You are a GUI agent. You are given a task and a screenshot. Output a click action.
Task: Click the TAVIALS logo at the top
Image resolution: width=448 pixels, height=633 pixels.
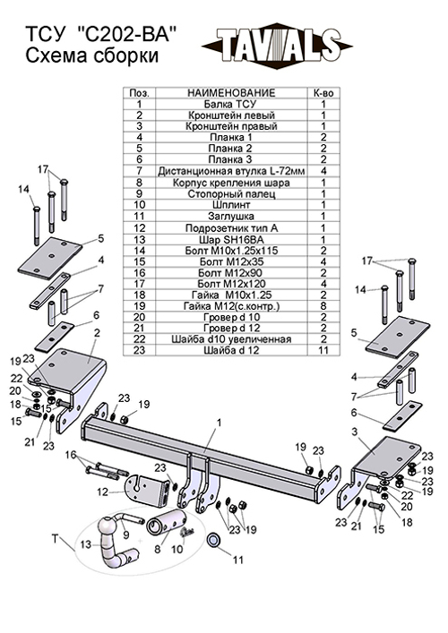277,46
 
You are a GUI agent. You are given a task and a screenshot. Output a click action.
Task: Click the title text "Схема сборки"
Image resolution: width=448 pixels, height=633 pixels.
92,56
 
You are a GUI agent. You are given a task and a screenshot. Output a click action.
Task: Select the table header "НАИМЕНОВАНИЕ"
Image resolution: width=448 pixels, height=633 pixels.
231,93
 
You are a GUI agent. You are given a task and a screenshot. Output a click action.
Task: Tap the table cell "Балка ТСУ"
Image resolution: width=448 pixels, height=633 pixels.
230,104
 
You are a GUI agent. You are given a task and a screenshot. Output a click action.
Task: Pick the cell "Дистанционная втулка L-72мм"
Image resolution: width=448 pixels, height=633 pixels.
231,171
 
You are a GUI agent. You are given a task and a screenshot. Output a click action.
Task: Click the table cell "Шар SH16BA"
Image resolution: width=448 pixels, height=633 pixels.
231,239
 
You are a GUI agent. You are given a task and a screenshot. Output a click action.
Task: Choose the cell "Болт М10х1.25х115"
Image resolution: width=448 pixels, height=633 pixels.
231,251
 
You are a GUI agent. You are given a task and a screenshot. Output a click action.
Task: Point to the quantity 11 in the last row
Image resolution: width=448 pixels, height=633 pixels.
323,349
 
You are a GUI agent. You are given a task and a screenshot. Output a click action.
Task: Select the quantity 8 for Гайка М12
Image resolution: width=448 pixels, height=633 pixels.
323,306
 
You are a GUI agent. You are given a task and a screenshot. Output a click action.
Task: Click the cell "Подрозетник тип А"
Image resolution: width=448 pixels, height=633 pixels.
231,228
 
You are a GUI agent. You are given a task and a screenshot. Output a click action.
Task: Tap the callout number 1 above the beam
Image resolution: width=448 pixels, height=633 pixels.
220,423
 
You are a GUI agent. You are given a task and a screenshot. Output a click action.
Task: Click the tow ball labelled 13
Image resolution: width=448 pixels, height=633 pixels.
114,541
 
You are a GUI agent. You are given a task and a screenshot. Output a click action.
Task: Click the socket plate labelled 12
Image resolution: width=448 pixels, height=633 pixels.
148,489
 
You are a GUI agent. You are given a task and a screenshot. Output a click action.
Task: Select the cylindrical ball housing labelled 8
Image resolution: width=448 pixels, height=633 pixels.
167,523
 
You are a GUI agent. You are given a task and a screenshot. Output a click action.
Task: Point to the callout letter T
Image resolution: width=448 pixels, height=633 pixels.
56,538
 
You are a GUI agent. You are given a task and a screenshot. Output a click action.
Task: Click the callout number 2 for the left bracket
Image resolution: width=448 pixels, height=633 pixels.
97,333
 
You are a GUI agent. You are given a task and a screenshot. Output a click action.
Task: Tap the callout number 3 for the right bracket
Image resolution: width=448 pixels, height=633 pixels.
354,432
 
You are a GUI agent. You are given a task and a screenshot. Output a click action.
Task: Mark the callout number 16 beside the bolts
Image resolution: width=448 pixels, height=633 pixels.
71,455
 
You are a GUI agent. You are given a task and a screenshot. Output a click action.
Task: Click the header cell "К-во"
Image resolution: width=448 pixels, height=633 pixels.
323,93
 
